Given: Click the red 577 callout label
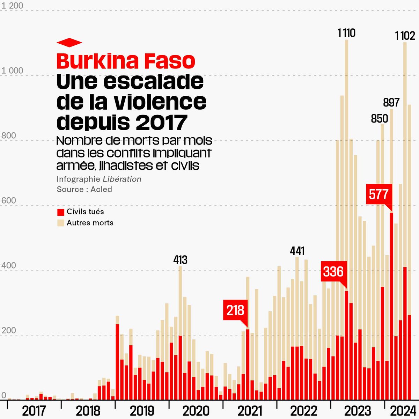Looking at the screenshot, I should [379, 194].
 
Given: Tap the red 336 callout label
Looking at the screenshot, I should [333, 271].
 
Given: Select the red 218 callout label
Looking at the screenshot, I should [235, 310].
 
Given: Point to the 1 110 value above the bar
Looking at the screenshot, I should [346, 33].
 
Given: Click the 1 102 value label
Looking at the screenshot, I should [405, 36].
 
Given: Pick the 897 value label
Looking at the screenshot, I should [391, 103].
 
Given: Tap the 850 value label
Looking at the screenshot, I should [380, 119].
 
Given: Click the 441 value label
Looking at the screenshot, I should [297, 251].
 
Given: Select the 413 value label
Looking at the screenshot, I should [181, 260].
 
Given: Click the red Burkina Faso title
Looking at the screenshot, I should [126, 61].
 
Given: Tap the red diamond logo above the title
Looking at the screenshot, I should [69, 43].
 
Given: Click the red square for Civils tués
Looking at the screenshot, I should [61, 212].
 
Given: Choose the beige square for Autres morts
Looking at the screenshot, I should [61, 223].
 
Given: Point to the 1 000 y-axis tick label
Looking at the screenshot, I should [12, 71].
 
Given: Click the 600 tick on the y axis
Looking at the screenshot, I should [9, 200].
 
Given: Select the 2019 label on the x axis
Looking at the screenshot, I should [142, 411].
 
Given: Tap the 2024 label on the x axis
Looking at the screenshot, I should [402, 411].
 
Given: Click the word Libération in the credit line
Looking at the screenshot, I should [122, 179].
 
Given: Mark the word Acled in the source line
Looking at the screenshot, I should [101, 189].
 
